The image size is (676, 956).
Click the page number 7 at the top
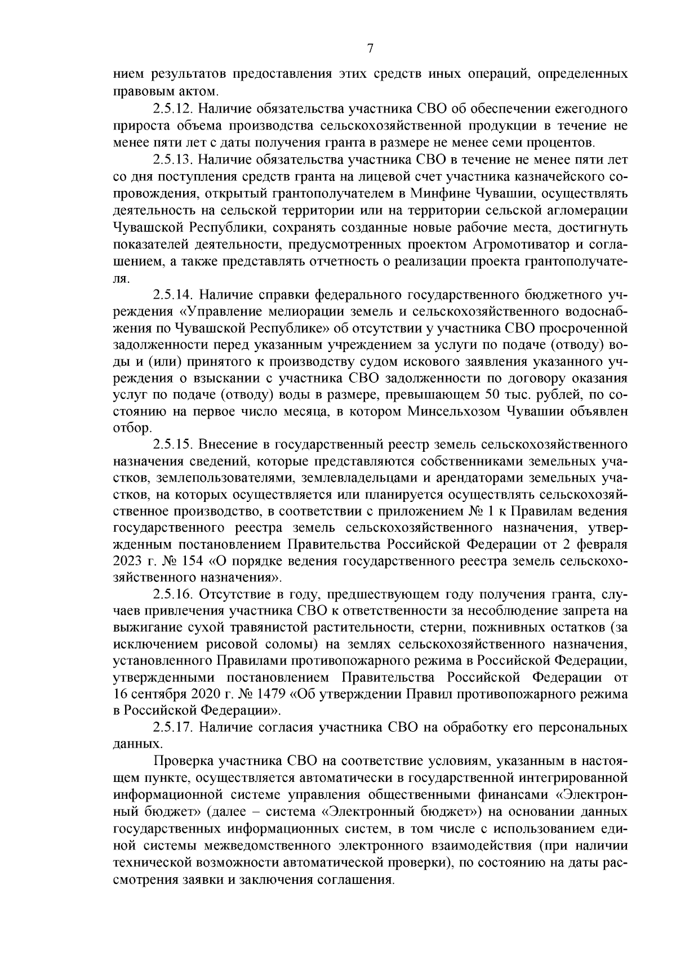[370, 49]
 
